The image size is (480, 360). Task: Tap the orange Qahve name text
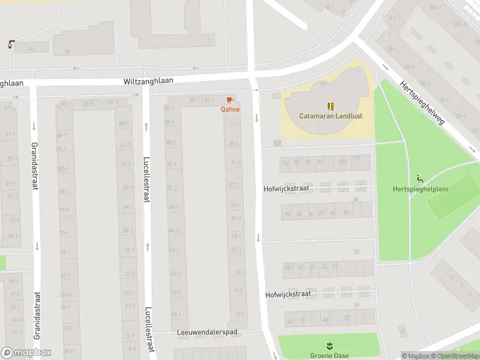(230, 109)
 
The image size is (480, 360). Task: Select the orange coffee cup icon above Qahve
(230, 100)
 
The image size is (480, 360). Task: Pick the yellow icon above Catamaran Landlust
(330, 106)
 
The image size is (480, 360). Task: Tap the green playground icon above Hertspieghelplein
(419, 178)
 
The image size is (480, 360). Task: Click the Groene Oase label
(328, 355)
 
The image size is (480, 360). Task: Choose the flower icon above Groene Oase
(329, 346)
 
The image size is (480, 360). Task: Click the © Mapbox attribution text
(416, 356)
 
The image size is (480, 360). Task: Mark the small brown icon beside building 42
(11, 44)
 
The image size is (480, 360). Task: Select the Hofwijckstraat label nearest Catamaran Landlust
(287, 188)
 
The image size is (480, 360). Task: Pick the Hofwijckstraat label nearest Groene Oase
(288, 294)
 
